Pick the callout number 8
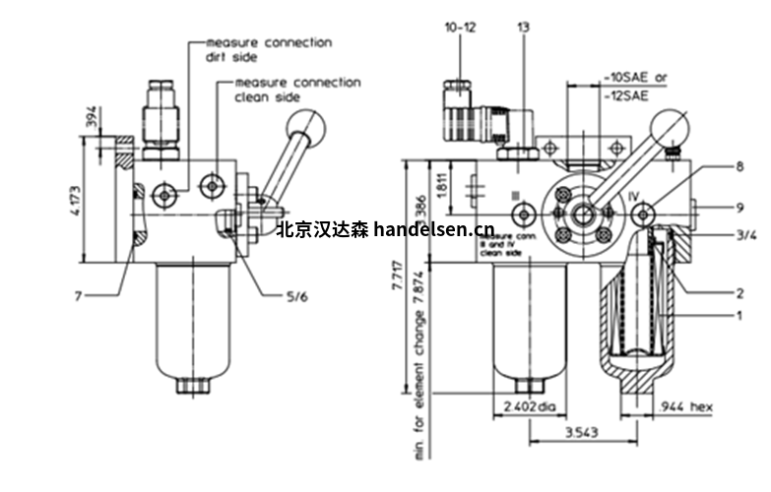click(740, 167)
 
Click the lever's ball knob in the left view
click(306, 126)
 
